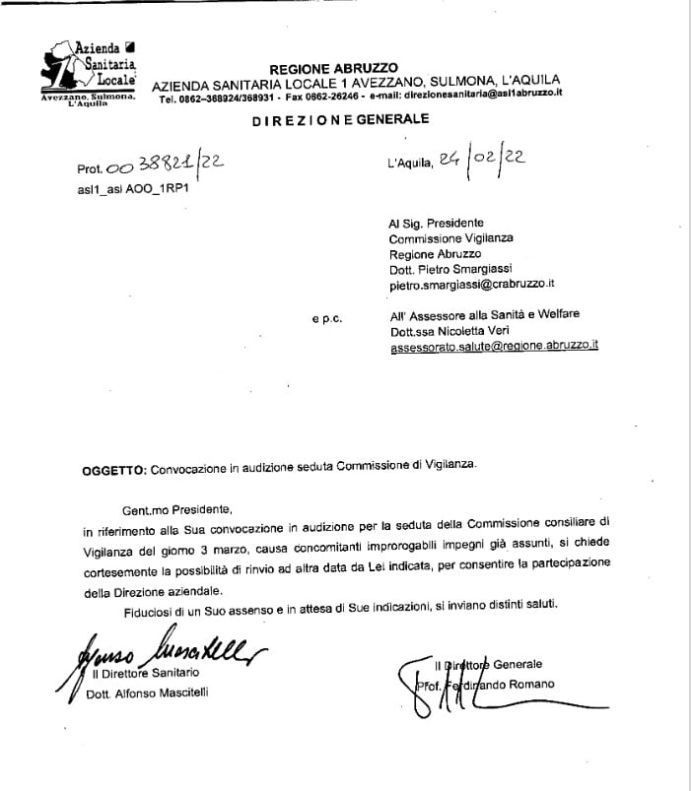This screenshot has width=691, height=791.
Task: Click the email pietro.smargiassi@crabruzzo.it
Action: coord(472,284)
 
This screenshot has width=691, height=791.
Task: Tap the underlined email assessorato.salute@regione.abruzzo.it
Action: coord(494,346)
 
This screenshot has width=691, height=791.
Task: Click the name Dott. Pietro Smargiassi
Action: coord(452,268)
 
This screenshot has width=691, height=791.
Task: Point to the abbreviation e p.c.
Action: coord(325,318)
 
